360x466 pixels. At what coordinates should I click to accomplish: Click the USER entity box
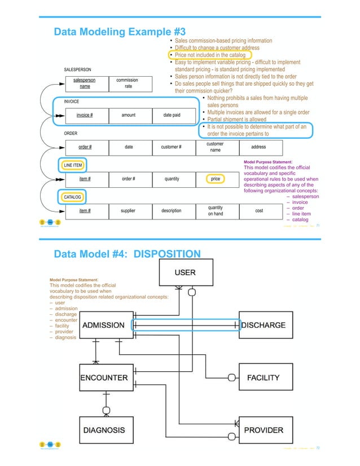pyautogui.click(x=185, y=272)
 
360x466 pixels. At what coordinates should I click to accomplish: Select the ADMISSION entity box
pyautogui.click(x=104, y=326)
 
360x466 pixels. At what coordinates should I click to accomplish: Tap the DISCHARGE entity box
pyautogui.click(x=263, y=326)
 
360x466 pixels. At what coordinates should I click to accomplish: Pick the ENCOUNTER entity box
pyautogui.click(x=104, y=377)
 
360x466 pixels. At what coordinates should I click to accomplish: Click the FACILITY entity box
pyautogui.click(x=263, y=377)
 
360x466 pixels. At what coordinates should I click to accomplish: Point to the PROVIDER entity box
pyautogui.click(x=263, y=430)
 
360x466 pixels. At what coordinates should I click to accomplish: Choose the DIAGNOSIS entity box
pyautogui.click(x=104, y=430)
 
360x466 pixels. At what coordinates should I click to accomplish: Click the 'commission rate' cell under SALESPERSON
pyautogui.click(x=127, y=83)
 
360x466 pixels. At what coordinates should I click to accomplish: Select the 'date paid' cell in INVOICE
pyautogui.click(x=172, y=115)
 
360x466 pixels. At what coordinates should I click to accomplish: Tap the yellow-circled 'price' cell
pyautogui.click(x=215, y=179)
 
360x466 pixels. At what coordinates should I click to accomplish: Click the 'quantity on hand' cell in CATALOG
pyautogui.click(x=215, y=210)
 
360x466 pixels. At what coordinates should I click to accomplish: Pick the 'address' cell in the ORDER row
pyautogui.click(x=258, y=147)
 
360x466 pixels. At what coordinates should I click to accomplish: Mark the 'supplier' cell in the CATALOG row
pyautogui.click(x=129, y=210)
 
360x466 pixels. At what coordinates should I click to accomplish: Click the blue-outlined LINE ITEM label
pyautogui.click(x=73, y=165)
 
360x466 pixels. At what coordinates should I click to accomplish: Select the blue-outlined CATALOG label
pyautogui.click(x=72, y=197)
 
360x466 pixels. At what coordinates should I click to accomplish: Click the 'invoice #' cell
pyautogui.click(x=85, y=115)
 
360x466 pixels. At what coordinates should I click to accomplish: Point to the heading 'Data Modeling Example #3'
pyautogui.click(x=119, y=32)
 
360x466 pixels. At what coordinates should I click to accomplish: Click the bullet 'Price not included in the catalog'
pyautogui.click(x=209, y=55)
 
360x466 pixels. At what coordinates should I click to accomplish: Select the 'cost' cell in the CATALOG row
pyautogui.click(x=258, y=210)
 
